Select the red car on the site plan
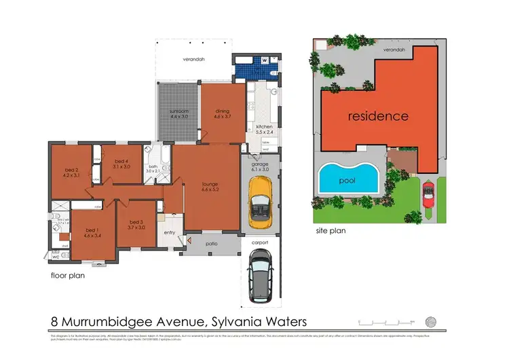point(428,194)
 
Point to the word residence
point(378,116)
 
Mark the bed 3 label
point(136,223)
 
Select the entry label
point(169,233)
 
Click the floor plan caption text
point(68,277)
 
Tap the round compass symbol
point(430,321)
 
